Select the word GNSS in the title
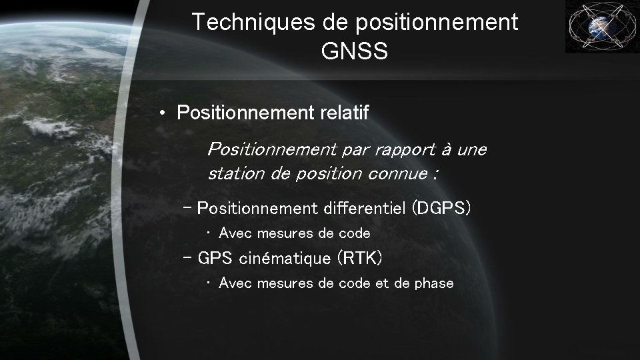(354, 51)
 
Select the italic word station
(231, 175)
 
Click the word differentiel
(364, 209)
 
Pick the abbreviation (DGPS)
(441, 209)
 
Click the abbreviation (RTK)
(360, 257)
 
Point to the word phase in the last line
(433, 283)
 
